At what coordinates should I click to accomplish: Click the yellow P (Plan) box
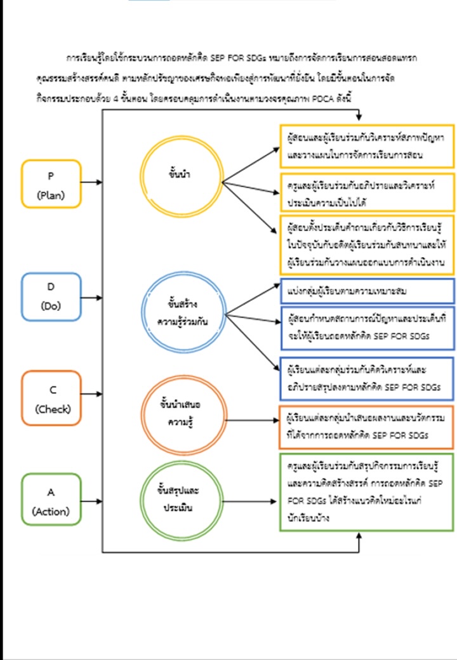(51, 183)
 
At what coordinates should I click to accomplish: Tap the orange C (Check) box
(51, 398)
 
